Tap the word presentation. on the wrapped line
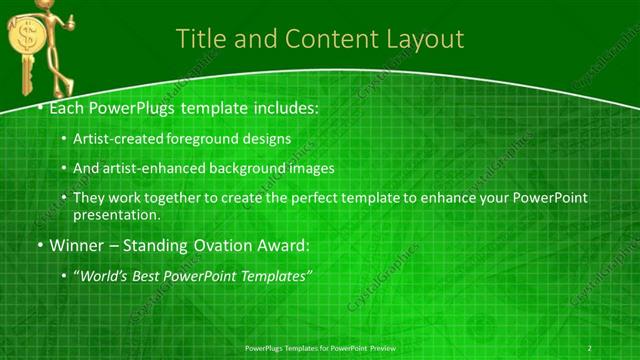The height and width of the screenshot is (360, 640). pyautogui.click(x=116, y=214)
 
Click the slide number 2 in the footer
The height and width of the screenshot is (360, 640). pyautogui.click(x=590, y=347)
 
